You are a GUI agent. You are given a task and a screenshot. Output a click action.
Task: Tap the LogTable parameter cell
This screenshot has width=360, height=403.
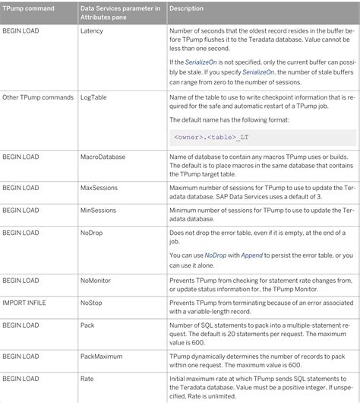pos(95,97)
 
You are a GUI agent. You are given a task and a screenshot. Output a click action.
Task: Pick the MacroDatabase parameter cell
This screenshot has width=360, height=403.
pos(102,157)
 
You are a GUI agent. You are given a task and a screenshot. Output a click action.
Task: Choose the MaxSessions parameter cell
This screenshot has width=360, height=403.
pos(99,187)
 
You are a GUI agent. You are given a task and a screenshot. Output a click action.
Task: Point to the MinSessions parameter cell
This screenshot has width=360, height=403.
pos(98,209)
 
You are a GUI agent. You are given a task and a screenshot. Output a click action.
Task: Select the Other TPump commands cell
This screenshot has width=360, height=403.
pos(36,97)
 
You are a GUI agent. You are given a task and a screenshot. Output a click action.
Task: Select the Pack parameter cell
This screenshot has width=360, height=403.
pos(88,325)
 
